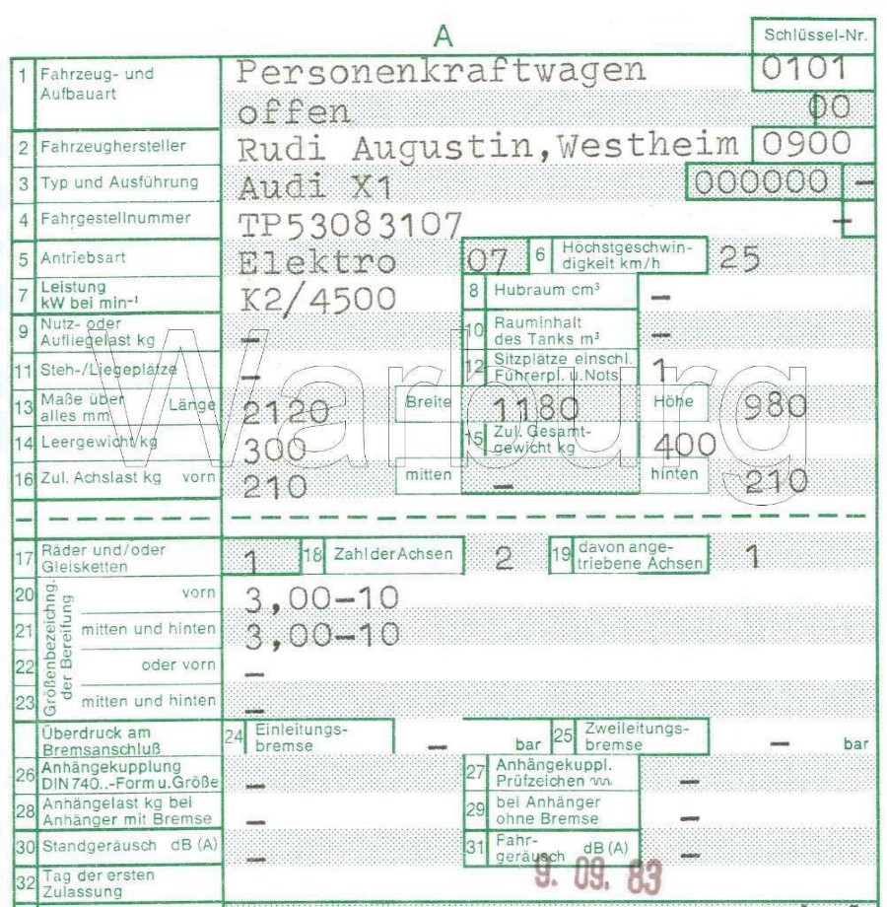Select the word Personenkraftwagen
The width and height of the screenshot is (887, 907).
coord(443,71)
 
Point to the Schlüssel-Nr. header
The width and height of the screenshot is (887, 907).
coord(815,35)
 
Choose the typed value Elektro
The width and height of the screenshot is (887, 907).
coord(317,262)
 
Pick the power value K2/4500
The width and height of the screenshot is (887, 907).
coord(317,298)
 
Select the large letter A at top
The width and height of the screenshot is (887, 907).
coord(444,35)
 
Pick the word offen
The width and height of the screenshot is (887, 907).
coord(294,111)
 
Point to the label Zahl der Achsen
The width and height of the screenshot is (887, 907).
coord(393,555)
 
